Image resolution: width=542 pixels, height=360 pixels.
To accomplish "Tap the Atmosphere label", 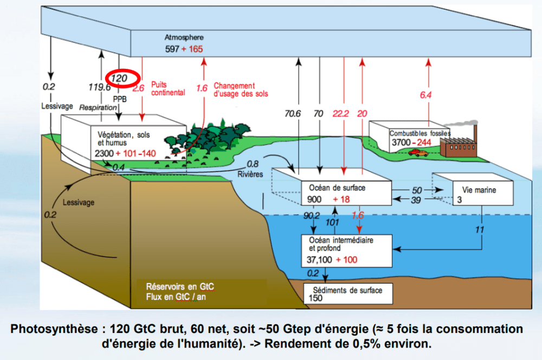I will point(184,37).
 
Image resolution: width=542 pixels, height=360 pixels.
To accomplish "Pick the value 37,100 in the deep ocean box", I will point(320,260).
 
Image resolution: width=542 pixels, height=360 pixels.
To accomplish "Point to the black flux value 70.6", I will point(293,113).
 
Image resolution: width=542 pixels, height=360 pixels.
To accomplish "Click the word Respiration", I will point(98,107).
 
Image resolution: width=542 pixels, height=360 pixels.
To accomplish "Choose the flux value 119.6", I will point(100,87).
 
